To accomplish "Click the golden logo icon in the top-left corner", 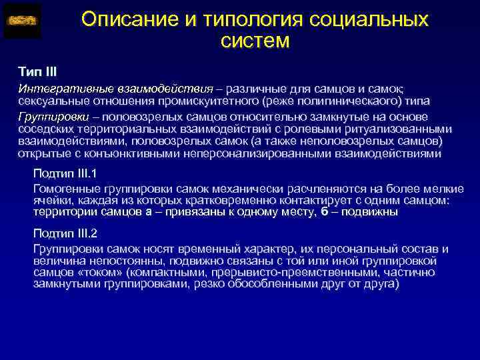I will point(22,20).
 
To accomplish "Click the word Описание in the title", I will point(125,19).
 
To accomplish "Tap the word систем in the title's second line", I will point(255,41).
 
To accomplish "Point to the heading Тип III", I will point(37,71).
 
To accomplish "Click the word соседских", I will point(45,129).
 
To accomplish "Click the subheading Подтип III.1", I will point(65,175).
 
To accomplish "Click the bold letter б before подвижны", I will point(325,211).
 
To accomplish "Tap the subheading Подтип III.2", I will point(65,233).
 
